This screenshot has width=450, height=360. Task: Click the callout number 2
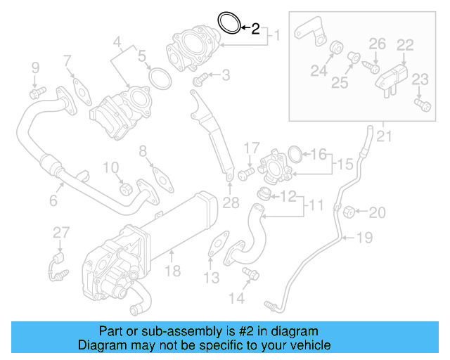(x=255, y=29)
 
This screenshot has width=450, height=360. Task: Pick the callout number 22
(x=404, y=45)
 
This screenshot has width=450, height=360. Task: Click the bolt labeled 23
(x=421, y=105)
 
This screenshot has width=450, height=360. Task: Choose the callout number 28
(x=231, y=203)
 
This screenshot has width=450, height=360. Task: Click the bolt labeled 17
(x=246, y=171)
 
